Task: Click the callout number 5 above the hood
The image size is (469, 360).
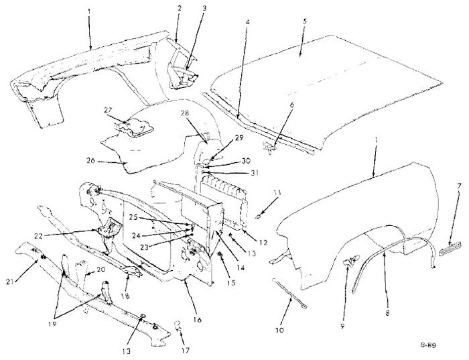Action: (x=304, y=21)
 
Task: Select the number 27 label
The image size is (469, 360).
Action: (x=108, y=110)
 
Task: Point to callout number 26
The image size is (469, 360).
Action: (x=90, y=161)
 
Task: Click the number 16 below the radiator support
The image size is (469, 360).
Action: (x=198, y=320)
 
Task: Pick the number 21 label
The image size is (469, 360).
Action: (x=10, y=282)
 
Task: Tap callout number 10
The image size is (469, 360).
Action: (x=279, y=331)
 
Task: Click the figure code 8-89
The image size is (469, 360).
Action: (x=428, y=345)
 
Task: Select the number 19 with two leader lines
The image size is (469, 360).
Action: (x=52, y=324)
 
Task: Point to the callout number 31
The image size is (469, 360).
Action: (x=254, y=173)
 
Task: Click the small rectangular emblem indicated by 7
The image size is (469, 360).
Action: (x=450, y=249)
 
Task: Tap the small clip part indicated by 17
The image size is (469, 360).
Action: (x=178, y=326)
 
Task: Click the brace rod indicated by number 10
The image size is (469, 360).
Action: (x=289, y=292)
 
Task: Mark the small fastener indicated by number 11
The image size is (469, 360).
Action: (x=257, y=217)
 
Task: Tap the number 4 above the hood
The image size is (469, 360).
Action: (x=248, y=22)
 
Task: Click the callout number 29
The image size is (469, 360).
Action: (x=239, y=137)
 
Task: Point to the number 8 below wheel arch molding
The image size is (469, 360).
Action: (x=388, y=313)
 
